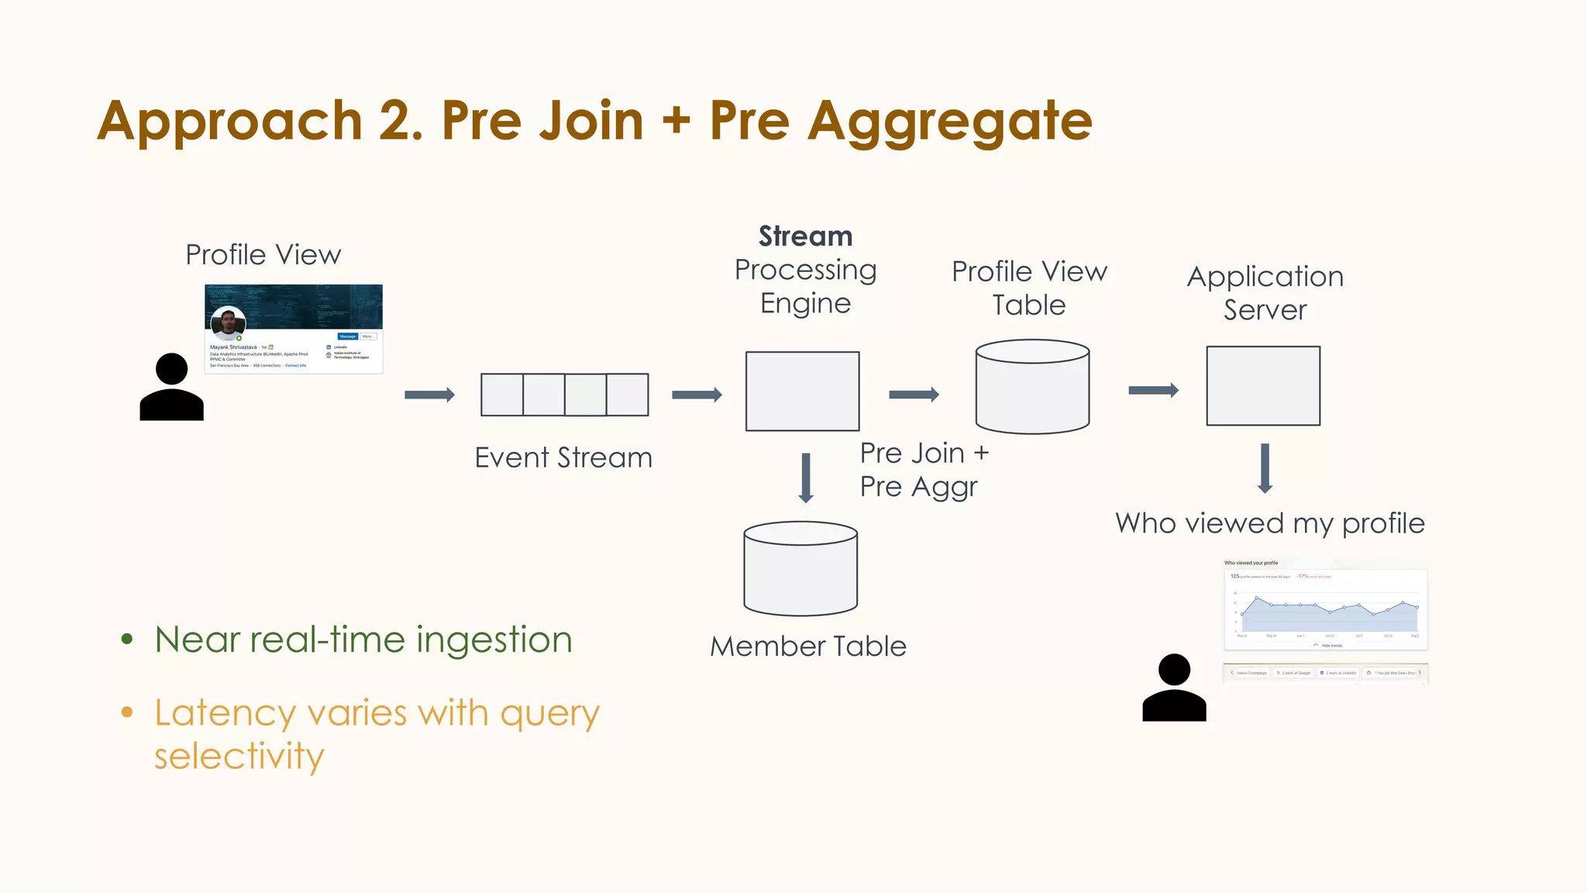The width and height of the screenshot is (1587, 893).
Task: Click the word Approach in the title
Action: pos(230,122)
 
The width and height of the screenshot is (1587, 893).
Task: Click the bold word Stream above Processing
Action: pos(805,236)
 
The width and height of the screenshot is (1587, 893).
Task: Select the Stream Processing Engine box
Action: pos(802,391)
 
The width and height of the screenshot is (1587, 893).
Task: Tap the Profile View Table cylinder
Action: pos(1032,387)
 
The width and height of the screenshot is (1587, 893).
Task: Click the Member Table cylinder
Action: pos(800,569)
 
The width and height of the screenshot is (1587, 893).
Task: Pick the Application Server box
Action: pos(1263,385)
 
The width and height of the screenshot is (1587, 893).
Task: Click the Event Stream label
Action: pos(563,457)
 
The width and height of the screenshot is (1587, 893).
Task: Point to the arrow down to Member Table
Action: pos(806,478)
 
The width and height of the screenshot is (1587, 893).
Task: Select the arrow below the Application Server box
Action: pos(1265,468)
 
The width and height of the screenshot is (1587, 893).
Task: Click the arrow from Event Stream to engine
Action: pos(697,395)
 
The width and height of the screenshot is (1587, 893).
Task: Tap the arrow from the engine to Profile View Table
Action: pos(914,395)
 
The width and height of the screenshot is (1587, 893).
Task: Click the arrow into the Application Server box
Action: pos(1153,390)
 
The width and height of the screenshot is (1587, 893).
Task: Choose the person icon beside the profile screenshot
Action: pos(171,388)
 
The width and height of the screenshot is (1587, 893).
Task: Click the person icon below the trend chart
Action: pos(1174,688)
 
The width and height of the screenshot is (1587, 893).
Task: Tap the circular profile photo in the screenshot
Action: pos(228,324)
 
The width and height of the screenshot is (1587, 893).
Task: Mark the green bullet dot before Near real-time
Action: pos(127,640)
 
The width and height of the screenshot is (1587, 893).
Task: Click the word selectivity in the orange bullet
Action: pos(239,756)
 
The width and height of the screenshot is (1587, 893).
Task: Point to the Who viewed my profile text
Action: pos(1270,523)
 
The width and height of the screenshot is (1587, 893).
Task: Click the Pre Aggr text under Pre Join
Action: pos(918,487)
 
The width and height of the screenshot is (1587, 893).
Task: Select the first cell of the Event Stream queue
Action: pos(502,395)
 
